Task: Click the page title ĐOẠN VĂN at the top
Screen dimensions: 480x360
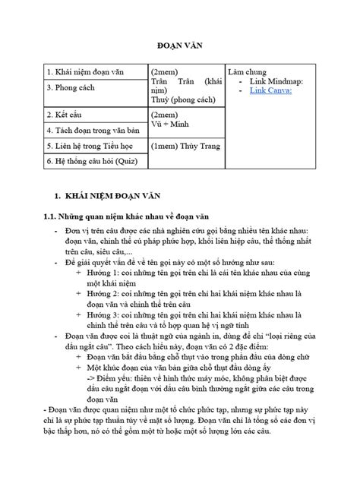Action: click(180, 43)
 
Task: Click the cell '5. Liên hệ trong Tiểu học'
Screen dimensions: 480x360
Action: click(90, 145)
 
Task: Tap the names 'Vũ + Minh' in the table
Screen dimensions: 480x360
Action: click(172, 122)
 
